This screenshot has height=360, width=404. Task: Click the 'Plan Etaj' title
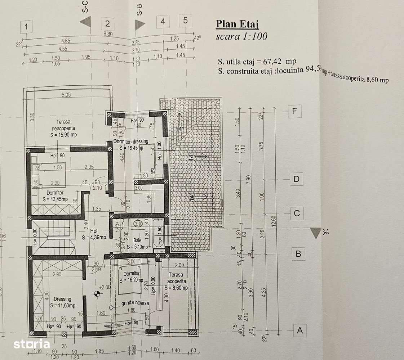click(x=237, y=24)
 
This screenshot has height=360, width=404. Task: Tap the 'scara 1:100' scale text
click(x=241, y=36)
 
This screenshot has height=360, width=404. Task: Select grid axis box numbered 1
click(x=27, y=27)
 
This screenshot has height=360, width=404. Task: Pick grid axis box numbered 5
click(x=185, y=21)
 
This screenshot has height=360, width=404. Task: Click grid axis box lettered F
click(x=295, y=112)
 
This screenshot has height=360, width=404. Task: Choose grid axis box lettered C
click(x=297, y=213)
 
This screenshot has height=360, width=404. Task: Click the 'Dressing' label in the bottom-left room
click(x=63, y=299)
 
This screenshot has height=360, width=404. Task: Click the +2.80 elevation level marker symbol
click(x=96, y=294)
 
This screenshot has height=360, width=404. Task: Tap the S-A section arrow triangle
click(x=316, y=233)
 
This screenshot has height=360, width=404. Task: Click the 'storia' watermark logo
click(x=31, y=344)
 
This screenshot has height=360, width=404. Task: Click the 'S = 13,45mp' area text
click(x=55, y=199)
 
